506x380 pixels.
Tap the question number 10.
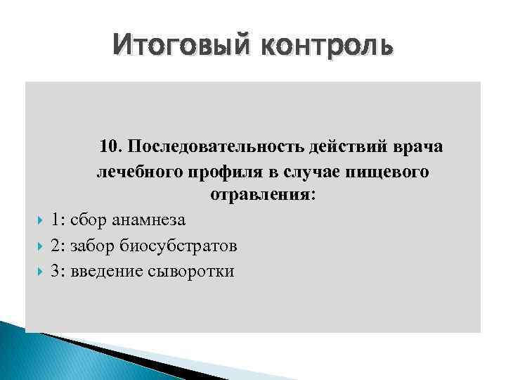click(110, 146)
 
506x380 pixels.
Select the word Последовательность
click(215, 146)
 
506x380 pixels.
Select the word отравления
click(261, 195)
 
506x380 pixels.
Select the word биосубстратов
click(179, 246)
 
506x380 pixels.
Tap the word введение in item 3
click(102, 271)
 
